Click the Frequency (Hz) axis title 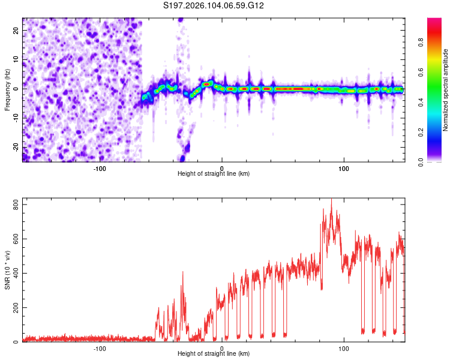pyautogui.click(x=7, y=90)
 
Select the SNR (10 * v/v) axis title pyautogui.click(x=7, y=269)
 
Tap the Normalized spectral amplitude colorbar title pyautogui.click(x=446, y=90)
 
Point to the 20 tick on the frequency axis pyautogui.click(x=16, y=31)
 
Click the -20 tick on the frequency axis pyautogui.click(x=14, y=147)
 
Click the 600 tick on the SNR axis pyautogui.click(x=13, y=239)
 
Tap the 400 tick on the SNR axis pyautogui.click(x=13, y=274)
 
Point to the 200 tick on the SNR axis pyautogui.click(x=13, y=308)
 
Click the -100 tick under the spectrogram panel pyautogui.click(x=100, y=169)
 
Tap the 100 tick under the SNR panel pyautogui.click(x=344, y=349)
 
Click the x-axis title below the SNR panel pyautogui.click(x=214, y=356)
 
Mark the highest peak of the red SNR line pyautogui.click(x=331, y=200)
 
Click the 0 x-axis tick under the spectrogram pyautogui.click(x=222, y=169)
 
